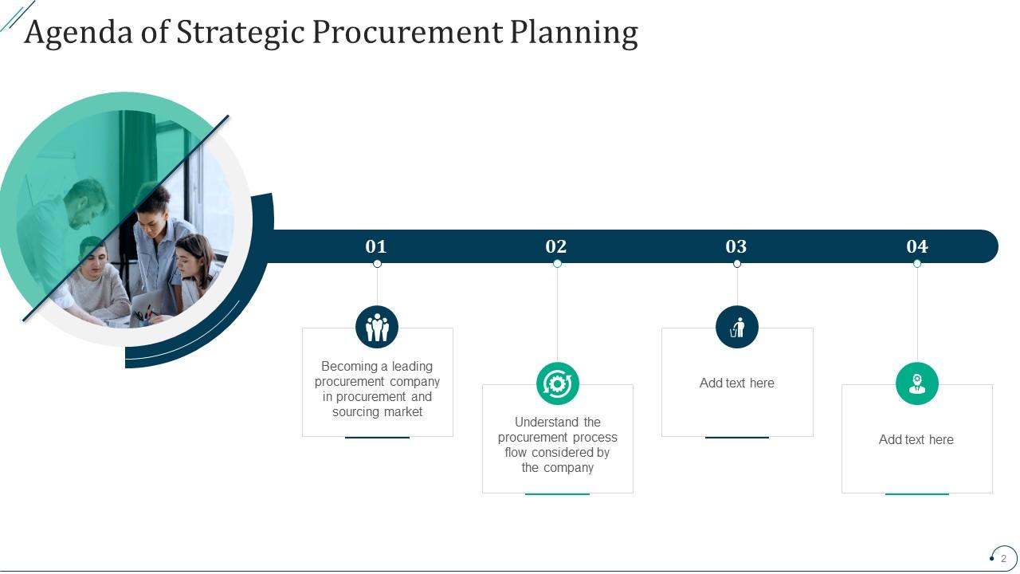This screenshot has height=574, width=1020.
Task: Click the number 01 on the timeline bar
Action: pos(375,246)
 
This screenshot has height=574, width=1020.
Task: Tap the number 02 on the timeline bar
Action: pos(555,246)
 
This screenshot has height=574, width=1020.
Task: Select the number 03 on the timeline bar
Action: pos(736,246)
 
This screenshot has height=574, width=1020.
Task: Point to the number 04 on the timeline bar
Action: pos(917,246)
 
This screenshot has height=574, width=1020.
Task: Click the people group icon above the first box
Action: pos(377,327)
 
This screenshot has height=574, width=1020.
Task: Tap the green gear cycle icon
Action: pos(557,383)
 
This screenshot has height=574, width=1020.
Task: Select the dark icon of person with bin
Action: pos(737,327)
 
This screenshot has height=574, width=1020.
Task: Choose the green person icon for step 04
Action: pos(917,383)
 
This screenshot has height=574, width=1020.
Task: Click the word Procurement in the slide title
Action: pos(407,32)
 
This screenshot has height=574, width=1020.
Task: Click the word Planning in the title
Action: pos(574,32)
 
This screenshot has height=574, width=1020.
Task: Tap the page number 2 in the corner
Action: pos(1003,558)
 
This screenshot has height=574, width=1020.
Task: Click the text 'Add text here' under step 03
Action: pos(737,383)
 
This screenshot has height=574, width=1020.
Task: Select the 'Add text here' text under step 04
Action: pos(916,439)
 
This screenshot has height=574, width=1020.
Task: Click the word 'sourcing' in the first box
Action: pos(357,412)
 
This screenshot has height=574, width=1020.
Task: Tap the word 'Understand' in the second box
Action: pos(547,422)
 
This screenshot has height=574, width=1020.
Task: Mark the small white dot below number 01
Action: pos(377,264)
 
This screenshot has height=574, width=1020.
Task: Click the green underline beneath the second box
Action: pos(557,494)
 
